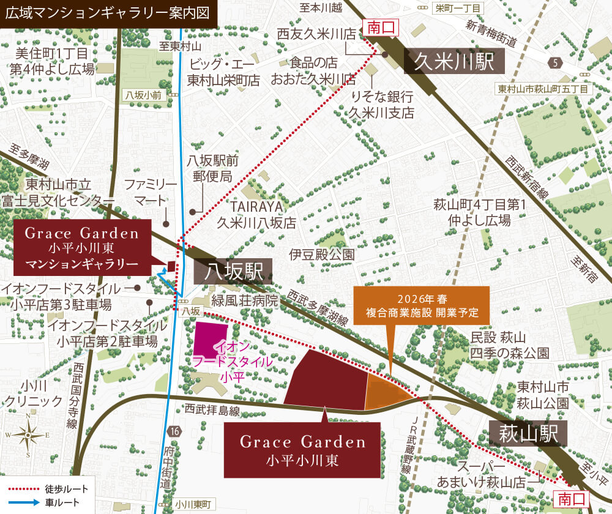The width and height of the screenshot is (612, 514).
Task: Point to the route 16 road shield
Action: (x=176, y=431)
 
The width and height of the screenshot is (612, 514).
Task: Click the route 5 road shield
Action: (x=555, y=62)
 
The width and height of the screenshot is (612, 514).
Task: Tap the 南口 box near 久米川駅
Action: (x=381, y=27)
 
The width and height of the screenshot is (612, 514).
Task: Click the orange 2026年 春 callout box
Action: (x=422, y=306)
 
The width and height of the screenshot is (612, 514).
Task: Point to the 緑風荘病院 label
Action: (x=245, y=301)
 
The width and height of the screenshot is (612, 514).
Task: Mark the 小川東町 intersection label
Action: (x=192, y=504)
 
